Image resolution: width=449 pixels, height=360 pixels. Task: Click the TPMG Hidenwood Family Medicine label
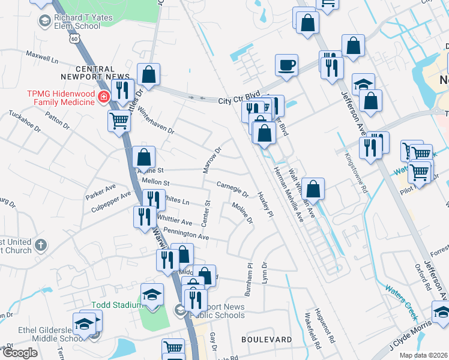(60, 98)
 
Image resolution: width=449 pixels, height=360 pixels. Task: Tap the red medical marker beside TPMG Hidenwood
(104, 96)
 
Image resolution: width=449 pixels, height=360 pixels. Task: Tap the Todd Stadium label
(115, 305)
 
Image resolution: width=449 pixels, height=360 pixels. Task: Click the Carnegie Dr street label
(232, 189)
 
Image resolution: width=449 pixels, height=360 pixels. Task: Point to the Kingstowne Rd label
(356, 172)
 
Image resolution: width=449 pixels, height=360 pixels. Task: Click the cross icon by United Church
(41, 245)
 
